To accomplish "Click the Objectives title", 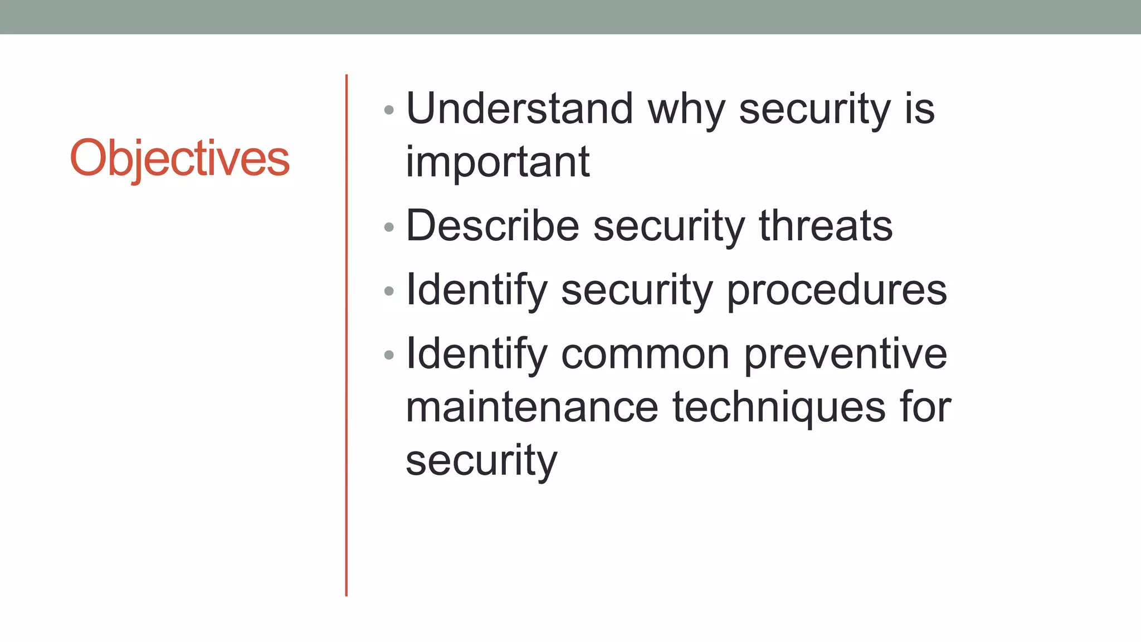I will [179, 158].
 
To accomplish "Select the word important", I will [497, 162].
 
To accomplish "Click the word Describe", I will [493, 226].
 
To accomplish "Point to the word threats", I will [826, 226].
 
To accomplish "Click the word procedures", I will [837, 290].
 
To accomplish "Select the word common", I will [645, 354].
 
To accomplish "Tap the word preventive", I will [845, 354].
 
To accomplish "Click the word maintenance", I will [532, 407].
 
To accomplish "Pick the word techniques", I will [779, 407].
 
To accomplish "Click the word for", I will [925, 407].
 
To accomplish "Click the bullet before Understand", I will [389, 110].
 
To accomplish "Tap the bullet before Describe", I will [389, 227].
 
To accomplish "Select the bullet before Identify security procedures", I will [389, 291].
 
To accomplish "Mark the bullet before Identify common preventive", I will [389, 355].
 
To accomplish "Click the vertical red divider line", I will [346, 334].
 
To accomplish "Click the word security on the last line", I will [481, 461].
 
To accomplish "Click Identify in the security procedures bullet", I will [477, 290].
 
